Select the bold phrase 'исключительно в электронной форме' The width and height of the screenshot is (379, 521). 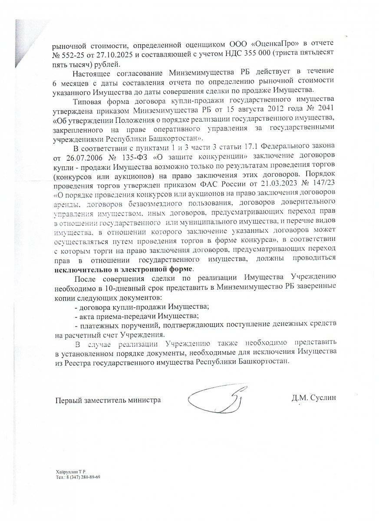tap(123, 269)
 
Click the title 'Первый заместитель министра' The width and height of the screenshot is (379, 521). tap(108, 400)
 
